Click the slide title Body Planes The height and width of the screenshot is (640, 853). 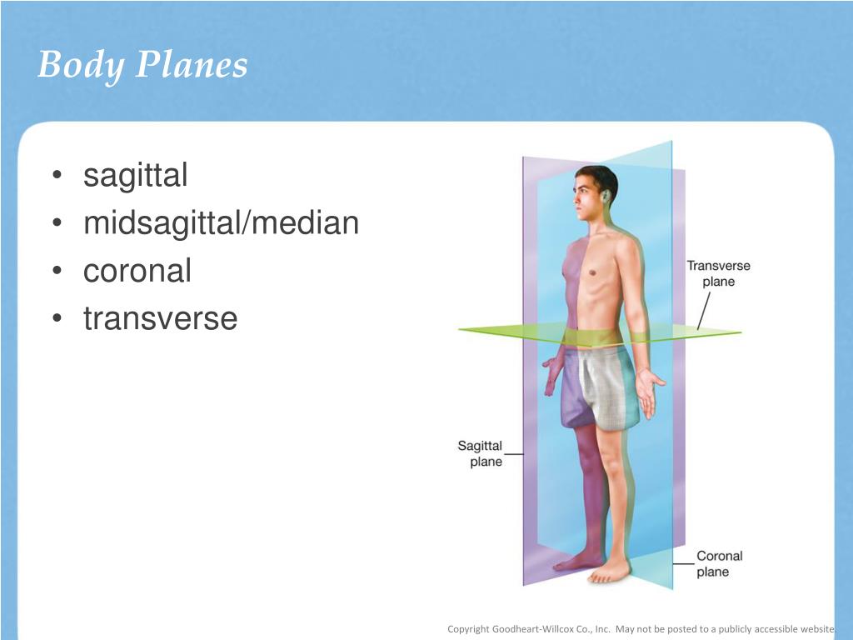point(142,64)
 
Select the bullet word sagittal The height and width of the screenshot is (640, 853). point(136,176)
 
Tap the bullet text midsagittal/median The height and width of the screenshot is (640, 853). point(221,223)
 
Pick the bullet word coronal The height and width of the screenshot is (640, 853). point(137,271)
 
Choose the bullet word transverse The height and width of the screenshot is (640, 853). point(160,318)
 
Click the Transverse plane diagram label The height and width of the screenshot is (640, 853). point(718,273)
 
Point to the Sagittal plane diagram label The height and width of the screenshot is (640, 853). point(480,453)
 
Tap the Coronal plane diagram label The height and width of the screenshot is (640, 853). point(719,563)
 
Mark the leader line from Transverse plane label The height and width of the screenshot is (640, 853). point(704,311)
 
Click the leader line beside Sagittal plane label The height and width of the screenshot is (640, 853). point(514,455)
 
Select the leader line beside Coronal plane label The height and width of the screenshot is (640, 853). point(683,563)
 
